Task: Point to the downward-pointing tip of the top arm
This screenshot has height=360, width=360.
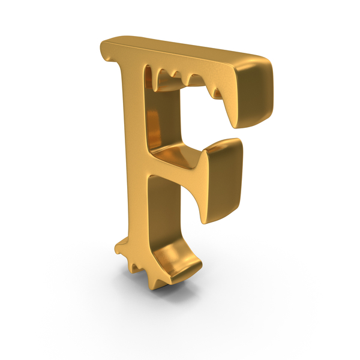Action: [235, 126]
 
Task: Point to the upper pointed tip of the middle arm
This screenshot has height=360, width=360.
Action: [203, 152]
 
